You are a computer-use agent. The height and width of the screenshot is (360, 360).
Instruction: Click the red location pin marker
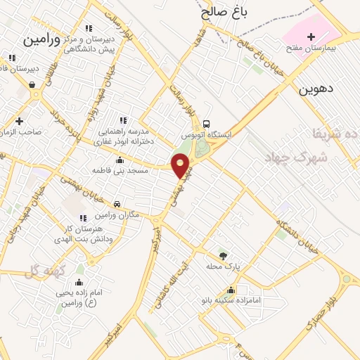tap(181, 165)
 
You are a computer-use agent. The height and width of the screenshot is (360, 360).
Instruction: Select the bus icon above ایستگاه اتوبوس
tap(206, 122)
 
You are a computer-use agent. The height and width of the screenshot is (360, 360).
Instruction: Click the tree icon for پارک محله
tap(224, 255)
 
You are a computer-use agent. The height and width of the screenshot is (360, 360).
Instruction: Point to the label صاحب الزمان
tap(21, 131)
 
